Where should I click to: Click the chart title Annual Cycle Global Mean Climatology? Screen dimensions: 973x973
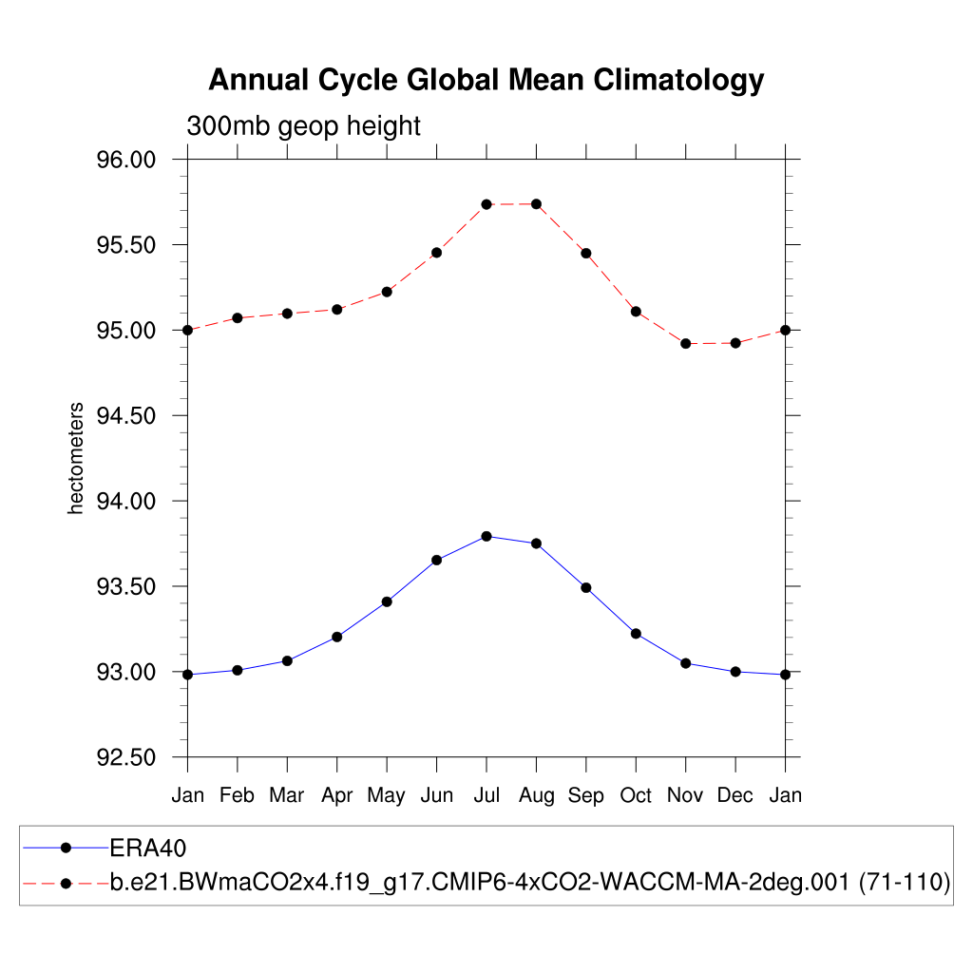[486, 80]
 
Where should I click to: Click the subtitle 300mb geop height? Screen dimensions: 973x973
[303, 125]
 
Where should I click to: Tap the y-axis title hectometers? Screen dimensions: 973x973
[77, 458]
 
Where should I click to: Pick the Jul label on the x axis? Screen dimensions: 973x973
[486, 795]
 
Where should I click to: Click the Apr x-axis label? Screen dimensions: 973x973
[336, 795]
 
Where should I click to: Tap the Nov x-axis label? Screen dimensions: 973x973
[685, 795]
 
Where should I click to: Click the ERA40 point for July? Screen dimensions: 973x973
[486, 536]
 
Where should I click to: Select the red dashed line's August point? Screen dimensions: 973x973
[537, 204]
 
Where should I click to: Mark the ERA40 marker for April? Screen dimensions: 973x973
[337, 637]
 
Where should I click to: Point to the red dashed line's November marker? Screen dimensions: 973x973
[685, 343]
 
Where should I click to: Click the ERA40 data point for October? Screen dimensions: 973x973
[636, 633]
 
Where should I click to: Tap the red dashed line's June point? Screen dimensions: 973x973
[437, 253]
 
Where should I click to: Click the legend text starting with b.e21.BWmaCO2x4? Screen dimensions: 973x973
[530, 883]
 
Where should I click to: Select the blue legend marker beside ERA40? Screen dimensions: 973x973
[66, 847]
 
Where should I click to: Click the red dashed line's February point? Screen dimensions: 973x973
[238, 317]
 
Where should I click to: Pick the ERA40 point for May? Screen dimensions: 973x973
[387, 601]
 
